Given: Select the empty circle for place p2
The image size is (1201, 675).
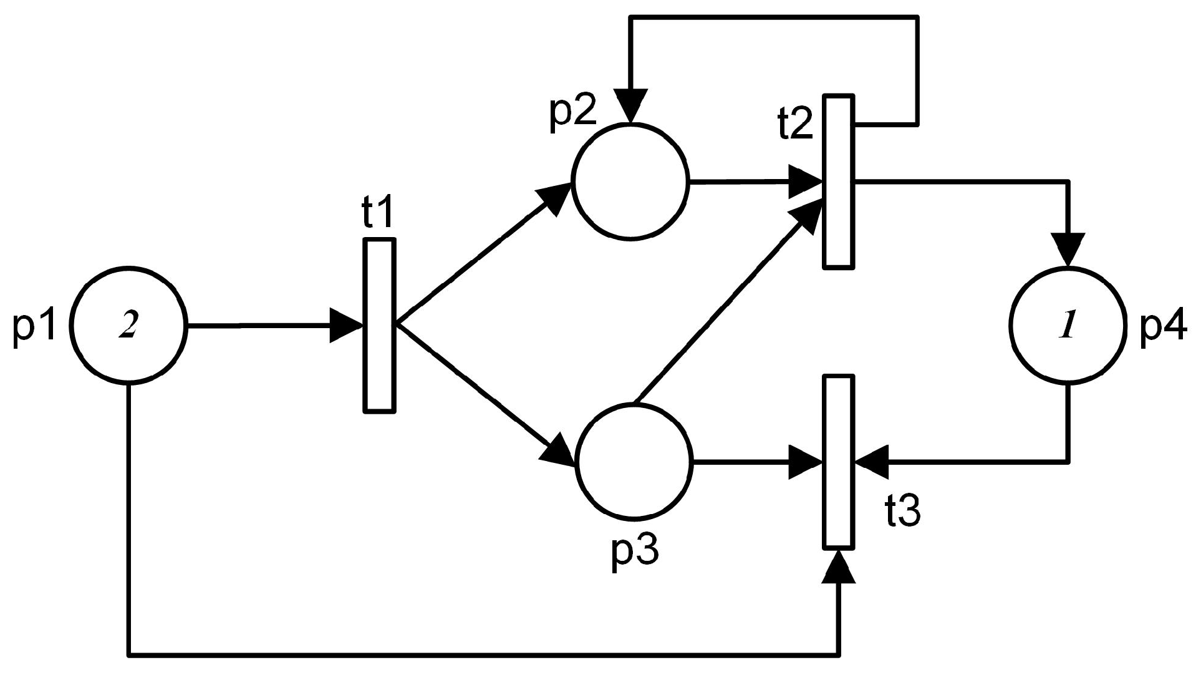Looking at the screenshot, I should tap(630, 182).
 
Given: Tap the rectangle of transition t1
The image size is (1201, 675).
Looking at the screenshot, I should tap(379, 325).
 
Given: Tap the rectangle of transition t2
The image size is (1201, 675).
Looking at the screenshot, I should tap(839, 182).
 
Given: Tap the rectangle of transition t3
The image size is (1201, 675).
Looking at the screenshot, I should tap(839, 462).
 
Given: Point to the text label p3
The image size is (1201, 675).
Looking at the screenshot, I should tap(634, 550).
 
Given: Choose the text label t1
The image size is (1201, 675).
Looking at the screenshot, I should tap(378, 214).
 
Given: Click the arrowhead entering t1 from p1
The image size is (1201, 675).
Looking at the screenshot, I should tap(346, 325).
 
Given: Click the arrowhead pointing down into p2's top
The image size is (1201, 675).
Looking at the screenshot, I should tap(630, 106).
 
